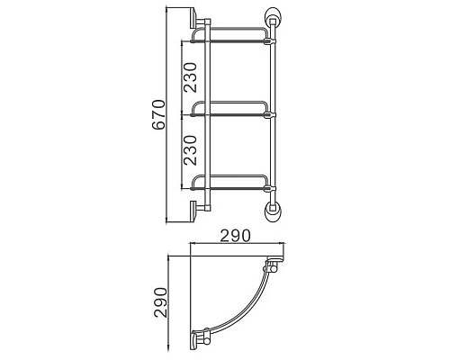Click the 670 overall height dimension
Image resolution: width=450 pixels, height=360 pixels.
pyautogui.click(x=158, y=114)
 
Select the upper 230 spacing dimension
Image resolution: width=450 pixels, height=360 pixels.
pyautogui.click(x=191, y=77)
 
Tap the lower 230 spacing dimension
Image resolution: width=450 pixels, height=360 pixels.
pyautogui.click(x=191, y=150)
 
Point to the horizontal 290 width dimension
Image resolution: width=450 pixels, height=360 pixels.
pyautogui.click(x=235, y=236)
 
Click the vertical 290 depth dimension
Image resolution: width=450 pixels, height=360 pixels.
pyautogui.click(x=160, y=302)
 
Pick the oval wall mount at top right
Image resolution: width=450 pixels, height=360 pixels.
pyautogui.click(x=272, y=17)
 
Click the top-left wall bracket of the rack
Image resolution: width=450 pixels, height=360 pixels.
pyautogui.click(x=198, y=20)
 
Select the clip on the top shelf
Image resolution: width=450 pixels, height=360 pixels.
pyautogui.click(x=269, y=40)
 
